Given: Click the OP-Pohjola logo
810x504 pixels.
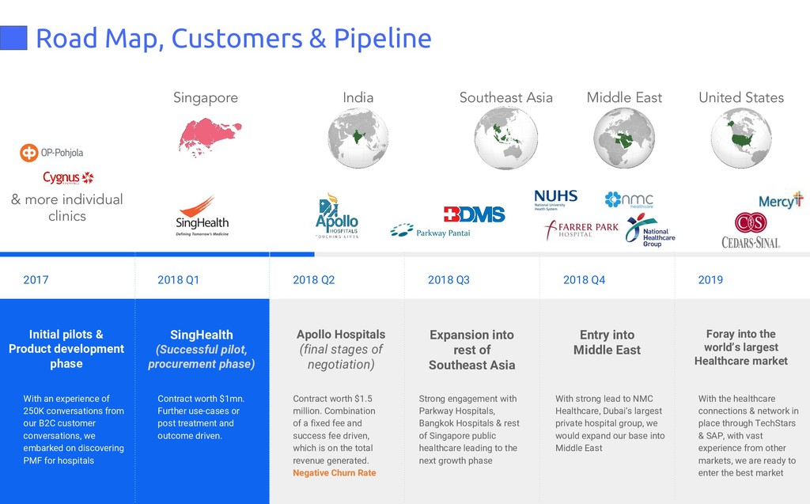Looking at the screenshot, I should click(x=51, y=153).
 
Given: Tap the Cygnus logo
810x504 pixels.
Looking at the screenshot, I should click(x=68, y=178).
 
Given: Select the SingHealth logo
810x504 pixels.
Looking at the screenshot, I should click(x=202, y=216).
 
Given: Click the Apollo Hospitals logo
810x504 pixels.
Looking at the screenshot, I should click(x=337, y=215).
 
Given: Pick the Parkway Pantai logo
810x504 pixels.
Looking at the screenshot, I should click(x=430, y=231).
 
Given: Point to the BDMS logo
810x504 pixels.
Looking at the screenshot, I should click(x=474, y=214).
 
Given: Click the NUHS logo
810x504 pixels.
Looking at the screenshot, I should click(x=555, y=199).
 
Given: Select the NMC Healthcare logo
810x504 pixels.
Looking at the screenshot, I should click(x=629, y=199).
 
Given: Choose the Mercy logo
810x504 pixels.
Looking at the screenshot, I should click(x=781, y=200).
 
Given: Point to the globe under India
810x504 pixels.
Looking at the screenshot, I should click(x=358, y=138).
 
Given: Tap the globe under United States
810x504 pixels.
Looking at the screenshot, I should click(x=741, y=138).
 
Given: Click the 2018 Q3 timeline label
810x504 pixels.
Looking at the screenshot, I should click(x=449, y=279).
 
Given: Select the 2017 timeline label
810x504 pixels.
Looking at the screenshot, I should click(x=36, y=279).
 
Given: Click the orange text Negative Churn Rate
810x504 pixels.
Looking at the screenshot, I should click(x=334, y=473).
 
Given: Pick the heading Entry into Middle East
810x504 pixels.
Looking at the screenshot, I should click(x=607, y=343).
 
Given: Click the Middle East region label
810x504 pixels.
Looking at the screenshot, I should click(x=624, y=98).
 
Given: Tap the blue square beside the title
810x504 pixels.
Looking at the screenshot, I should click(x=13, y=37).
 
